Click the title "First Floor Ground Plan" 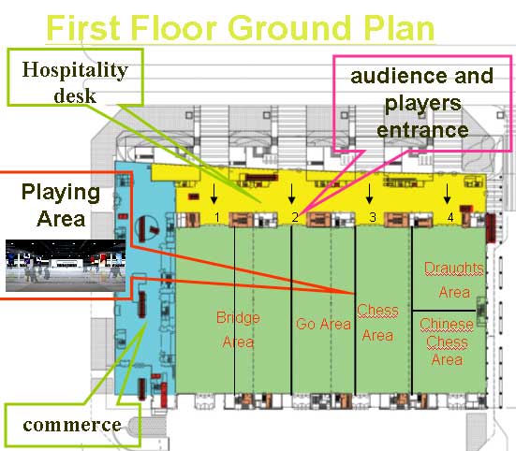click(241, 28)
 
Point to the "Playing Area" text click(61, 206)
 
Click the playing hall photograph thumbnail click(66, 266)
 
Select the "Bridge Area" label click(238, 329)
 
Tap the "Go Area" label click(323, 324)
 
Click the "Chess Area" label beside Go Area click(377, 323)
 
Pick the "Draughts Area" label click(454, 280)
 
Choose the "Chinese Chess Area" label click(447, 342)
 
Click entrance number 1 click(217, 217)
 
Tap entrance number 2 click(295, 217)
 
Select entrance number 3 click(373, 217)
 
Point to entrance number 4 click(450, 217)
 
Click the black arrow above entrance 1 click(214, 194)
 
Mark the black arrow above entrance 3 click(369, 194)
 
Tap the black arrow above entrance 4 click(447, 194)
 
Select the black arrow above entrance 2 click(291, 194)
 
